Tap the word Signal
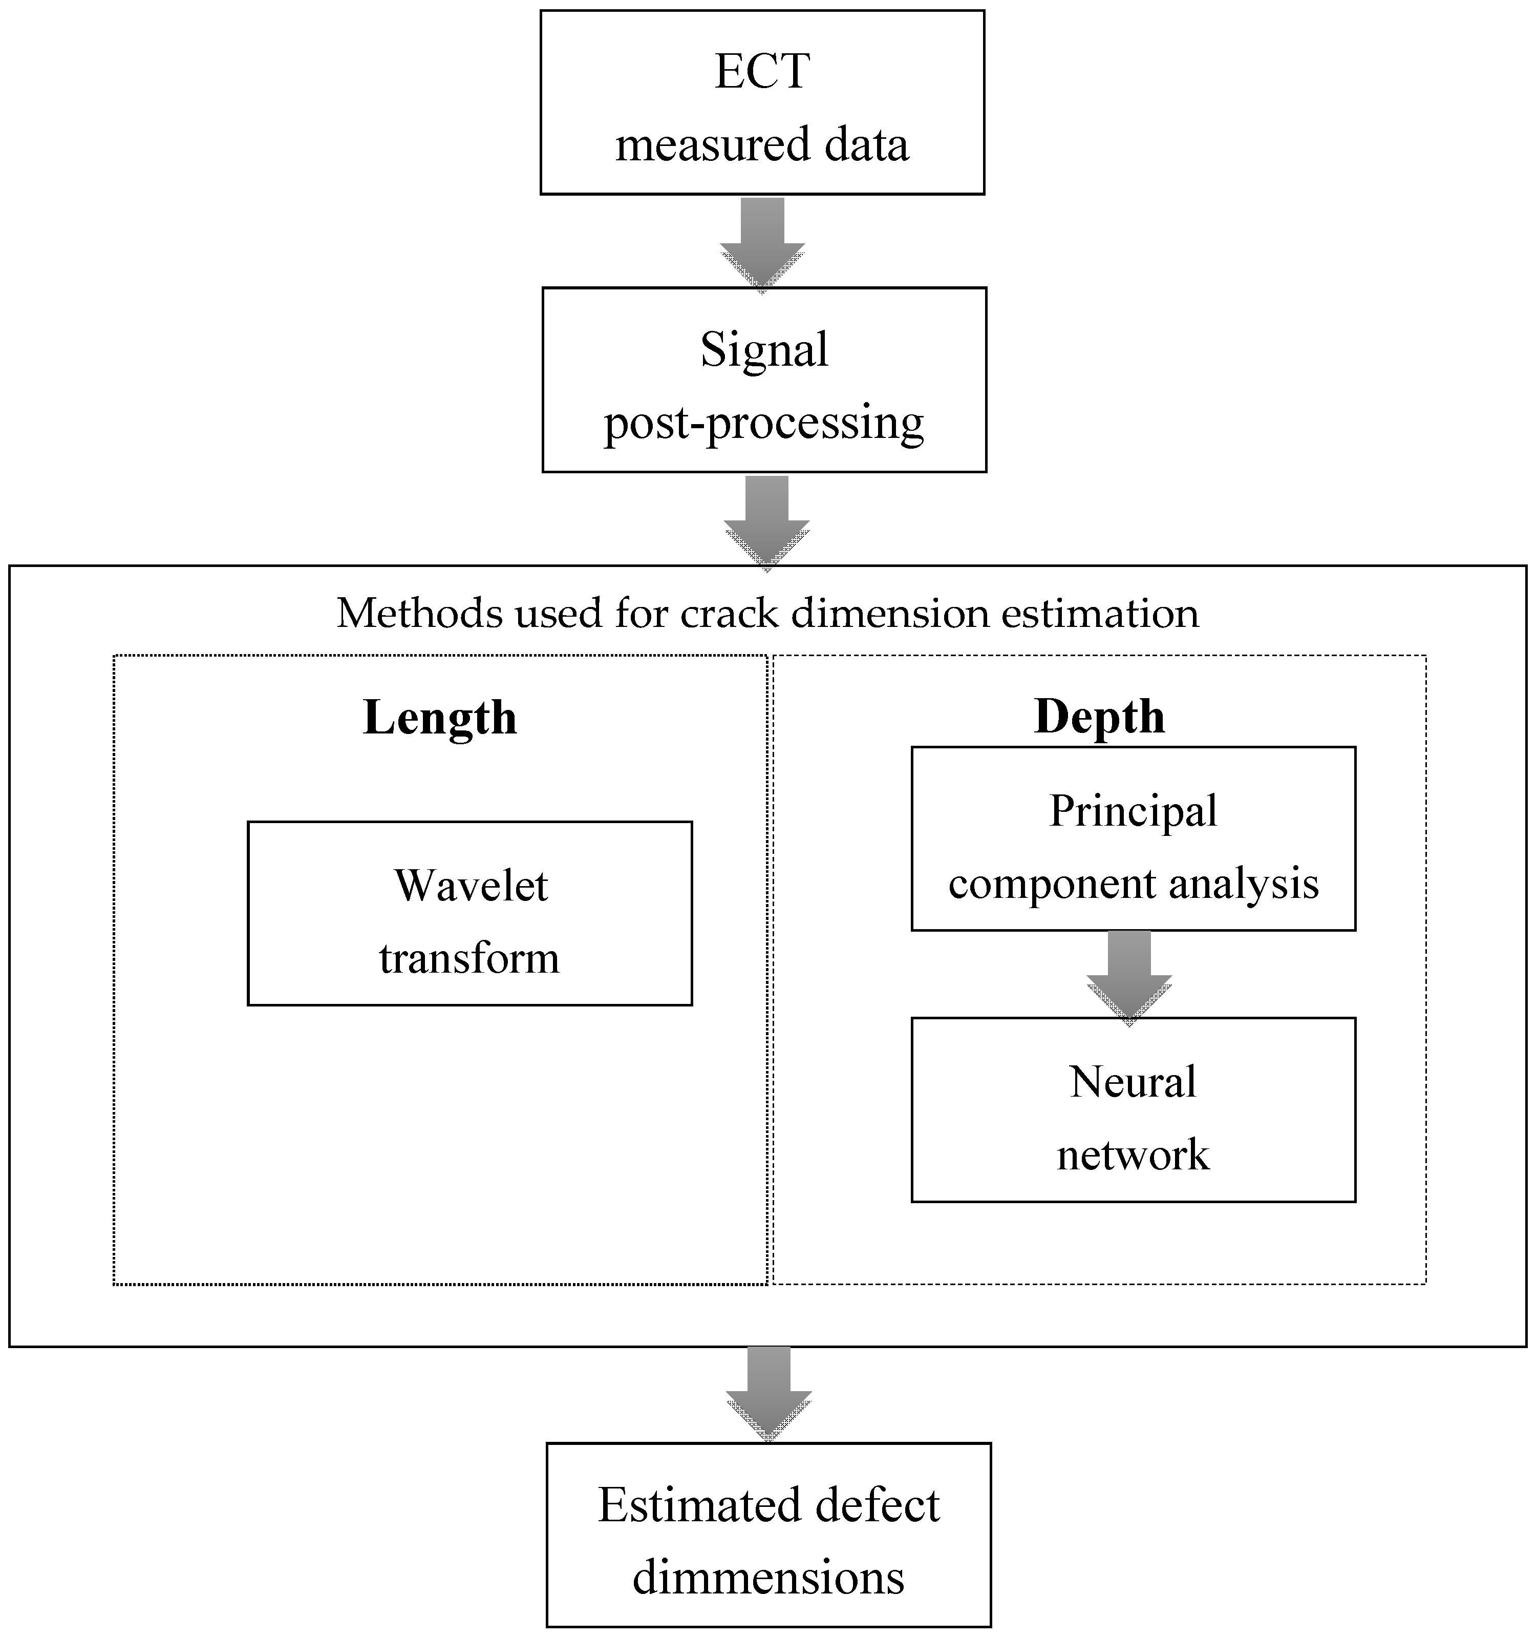coord(764,350)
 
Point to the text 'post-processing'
coord(764,423)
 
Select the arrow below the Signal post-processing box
coord(766,521)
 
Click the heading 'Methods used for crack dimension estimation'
coord(767,614)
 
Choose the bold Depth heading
coord(1099,717)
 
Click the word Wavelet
coord(471,886)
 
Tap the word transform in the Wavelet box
coord(469,958)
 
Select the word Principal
coord(1133,811)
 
